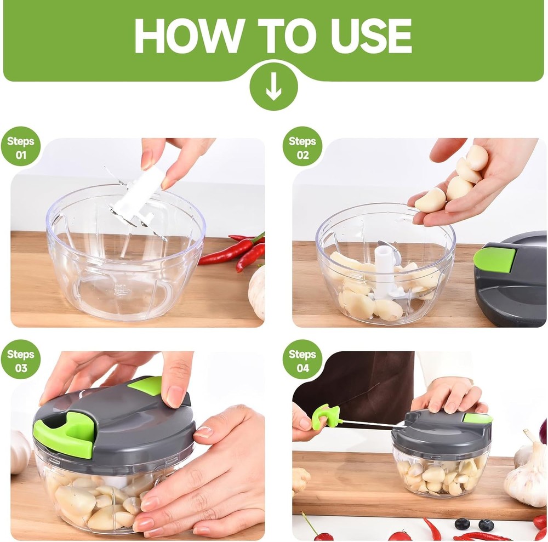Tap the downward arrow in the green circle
pyautogui.click(x=273, y=87)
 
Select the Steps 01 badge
pyautogui.click(x=20, y=147)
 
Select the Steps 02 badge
pyautogui.click(x=302, y=147)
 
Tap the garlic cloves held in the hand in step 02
pyautogui.click(x=455, y=181)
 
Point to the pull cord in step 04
pyautogui.click(x=373, y=423)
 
